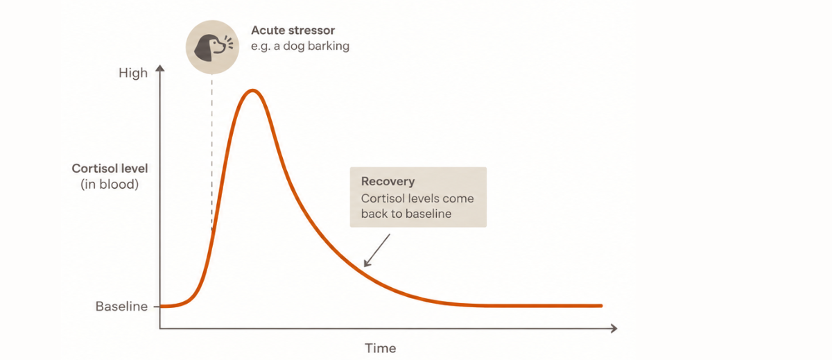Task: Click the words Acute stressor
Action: [293, 30]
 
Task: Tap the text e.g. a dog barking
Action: [300, 46]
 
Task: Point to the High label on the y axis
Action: [133, 73]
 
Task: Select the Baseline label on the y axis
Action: [121, 306]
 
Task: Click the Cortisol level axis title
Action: [110, 169]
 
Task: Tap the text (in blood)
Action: [110, 185]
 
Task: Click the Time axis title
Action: [381, 348]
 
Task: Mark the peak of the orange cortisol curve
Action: [252, 90]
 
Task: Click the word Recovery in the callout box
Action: [388, 181]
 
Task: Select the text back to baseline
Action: [406, 214]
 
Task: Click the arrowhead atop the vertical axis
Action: [159, 68]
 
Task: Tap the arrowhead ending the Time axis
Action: [614, 328]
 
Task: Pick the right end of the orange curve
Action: [601, 306]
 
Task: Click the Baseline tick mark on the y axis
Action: [157, 307]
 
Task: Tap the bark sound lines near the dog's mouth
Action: [229, 43]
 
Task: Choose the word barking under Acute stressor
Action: [329, 46]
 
